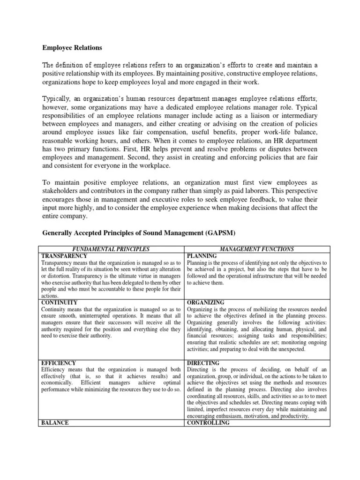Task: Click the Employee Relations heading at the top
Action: (x=72, y=48)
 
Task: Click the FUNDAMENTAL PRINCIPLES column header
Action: (x=114, y=249)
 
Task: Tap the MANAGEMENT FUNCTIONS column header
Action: (x=257, y=249)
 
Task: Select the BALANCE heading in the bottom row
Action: (x=55, y=423)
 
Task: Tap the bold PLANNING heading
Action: (x=202, y=256)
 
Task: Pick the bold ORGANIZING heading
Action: (x=205, y=303)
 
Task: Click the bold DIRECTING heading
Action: (x=203, y=363)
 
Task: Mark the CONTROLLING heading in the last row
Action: (x=208, y=423)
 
